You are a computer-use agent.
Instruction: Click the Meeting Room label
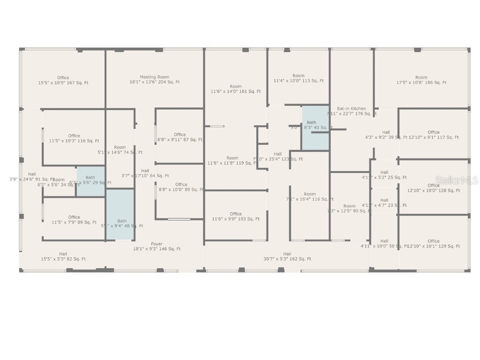(154, 77)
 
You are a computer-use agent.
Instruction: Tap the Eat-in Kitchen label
(352, 108)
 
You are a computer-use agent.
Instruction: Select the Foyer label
(157, 244)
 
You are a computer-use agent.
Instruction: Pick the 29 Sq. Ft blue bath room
(90, 180)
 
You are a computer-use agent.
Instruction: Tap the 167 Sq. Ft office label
(63, 80)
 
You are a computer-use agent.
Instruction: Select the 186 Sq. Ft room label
(421, 80)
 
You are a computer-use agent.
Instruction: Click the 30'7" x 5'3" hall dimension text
(287, 259)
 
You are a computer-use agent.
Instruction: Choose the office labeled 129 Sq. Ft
(434, 244)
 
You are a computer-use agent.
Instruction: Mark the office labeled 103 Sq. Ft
(235, 217)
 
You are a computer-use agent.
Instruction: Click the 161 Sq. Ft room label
(235, 89)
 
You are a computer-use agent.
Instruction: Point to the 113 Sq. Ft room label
(298, 78)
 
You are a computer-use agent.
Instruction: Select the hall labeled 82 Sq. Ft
(63, 256)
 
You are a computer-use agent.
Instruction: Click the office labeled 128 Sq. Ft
(434, 188)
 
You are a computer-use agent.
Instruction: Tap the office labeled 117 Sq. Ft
(434, 135)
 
